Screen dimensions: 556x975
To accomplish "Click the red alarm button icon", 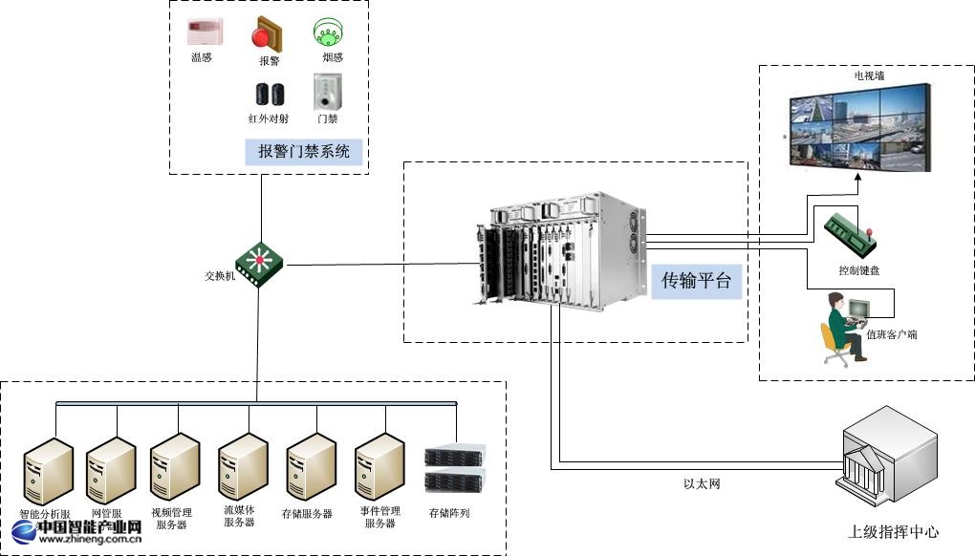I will pos(267,34).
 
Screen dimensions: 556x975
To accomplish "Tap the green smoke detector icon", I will pos(327,34).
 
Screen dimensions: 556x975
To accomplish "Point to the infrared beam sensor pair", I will pos(270,94).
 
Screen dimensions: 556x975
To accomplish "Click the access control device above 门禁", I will pos(327,93).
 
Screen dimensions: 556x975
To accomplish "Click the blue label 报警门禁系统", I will pos(304,151).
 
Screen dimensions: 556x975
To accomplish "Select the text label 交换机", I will pos(220,276).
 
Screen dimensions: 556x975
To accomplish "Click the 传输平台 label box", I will pos(697,280).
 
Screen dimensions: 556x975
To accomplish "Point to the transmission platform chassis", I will pos(556,250).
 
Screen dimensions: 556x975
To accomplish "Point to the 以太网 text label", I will pos(702,484).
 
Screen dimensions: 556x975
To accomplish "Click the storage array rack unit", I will pos(455,468).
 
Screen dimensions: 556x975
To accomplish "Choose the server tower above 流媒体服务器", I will pos(241,465).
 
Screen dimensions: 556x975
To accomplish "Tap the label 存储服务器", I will pos(307,514).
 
